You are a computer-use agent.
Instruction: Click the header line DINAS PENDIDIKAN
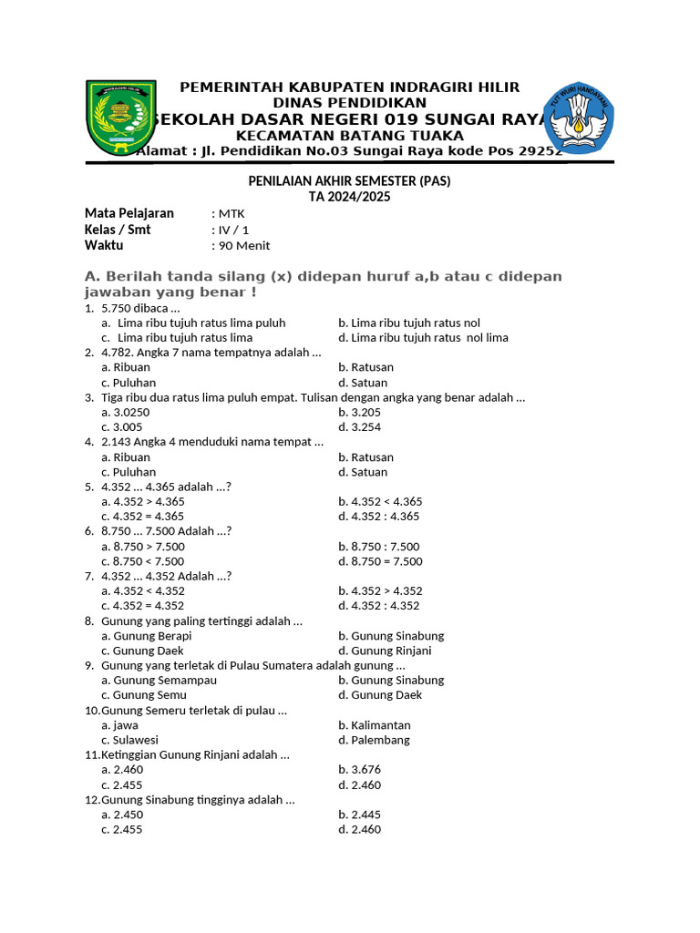click(x=350, y=103)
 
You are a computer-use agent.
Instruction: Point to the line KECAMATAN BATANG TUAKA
click(x=350, y=136)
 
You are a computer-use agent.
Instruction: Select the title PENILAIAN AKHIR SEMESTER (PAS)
click(x=350, y=181)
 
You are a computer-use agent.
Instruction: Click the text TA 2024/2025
click(x=350, y=197)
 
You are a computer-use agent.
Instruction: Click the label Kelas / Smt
click(x=118, y=230)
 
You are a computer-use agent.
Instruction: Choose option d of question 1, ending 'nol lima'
click(x=423, y=337)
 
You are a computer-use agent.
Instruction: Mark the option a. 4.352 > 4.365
click(x=143, y=501)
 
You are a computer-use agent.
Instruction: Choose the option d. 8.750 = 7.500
click(x=380, y=561)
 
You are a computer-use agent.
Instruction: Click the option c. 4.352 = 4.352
click(x=143, y=606)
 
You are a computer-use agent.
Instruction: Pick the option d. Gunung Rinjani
click(x=385, y=651)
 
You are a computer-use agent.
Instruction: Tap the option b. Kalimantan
click(x=374, y=725)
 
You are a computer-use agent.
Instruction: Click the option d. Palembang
click(x=374, y=740)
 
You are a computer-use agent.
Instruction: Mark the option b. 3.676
click(x=359, y=770)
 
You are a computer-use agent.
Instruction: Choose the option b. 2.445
click(x=359, y=815)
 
